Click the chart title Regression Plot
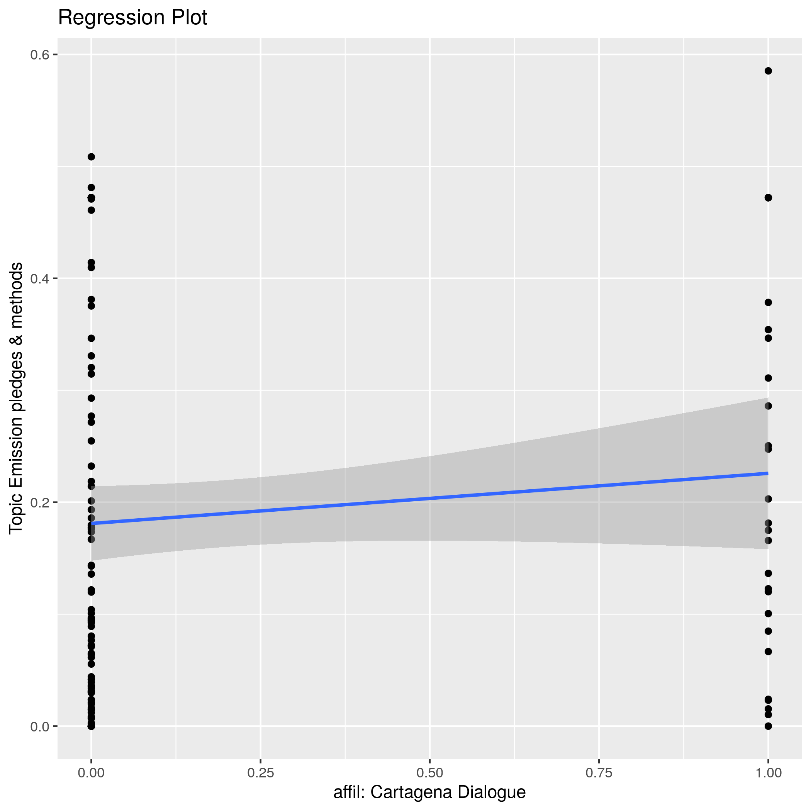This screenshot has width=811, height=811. coord(132,18)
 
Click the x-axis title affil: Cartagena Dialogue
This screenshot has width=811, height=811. coord(429,792)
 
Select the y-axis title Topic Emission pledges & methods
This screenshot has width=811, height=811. coord(16,398)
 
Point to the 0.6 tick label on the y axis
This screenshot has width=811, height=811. coord(39,55)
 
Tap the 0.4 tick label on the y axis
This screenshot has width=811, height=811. coord(39,279)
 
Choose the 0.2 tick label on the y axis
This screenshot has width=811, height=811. coord(39,502)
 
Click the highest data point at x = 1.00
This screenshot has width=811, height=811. coord(768,71)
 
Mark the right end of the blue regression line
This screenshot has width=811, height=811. coord(768,473)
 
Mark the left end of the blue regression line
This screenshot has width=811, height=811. coord(92,523)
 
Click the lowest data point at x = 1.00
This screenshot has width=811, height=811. coord(768,726)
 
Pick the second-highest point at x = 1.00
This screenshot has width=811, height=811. coord(768,198)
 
